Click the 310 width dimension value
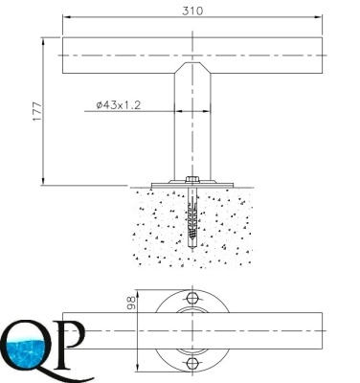point(192,11)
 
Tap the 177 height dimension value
point(37,111)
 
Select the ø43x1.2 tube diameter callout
point(119,105)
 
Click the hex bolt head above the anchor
point(192,179)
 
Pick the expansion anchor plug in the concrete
point(192,217)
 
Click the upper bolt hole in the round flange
point(191,298)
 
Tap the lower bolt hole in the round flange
point(191,363)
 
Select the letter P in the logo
point(69,344)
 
